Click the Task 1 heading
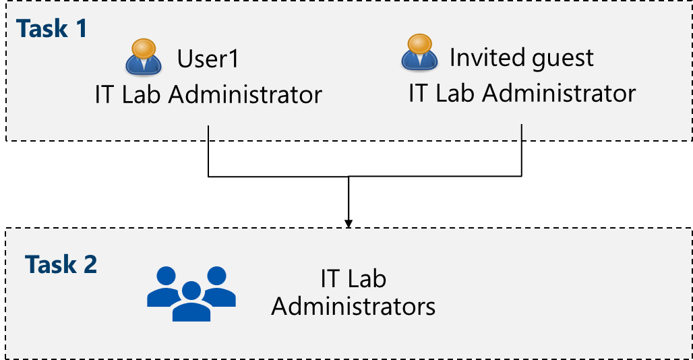[x=52, y=29]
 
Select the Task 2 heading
[x=61, y=264]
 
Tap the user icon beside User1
[x=143, y=57]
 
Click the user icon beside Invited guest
[x=419, y=53]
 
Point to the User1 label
[x=208, y=59]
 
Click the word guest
[x=563, y=59]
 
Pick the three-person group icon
[x=191, y=293]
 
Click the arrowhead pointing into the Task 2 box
[x=349, y=222]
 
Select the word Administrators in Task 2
[x=353, y=307]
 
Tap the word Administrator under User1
[x=245, y=95]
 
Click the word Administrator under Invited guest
[x=559, y=93]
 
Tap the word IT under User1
[x=105, y=95]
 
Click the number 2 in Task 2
[x=90, y=264]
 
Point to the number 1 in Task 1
[x=80, y=29]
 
